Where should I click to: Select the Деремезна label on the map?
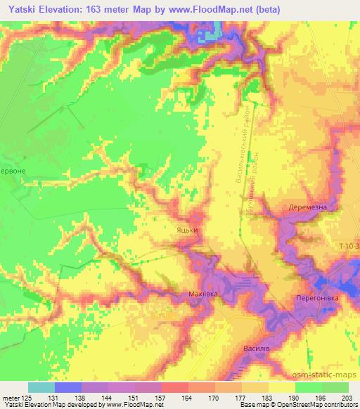pyautogui.click(x=309, y=209)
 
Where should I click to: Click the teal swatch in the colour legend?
pyautogui.click(x=41, y=387)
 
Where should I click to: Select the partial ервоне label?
pyautogui.click(x=13, y=171)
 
